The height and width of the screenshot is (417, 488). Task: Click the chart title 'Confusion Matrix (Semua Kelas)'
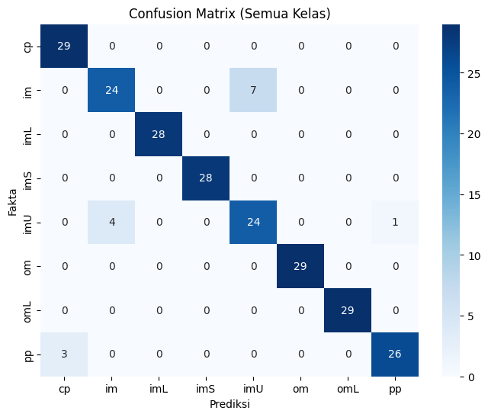point(230,14)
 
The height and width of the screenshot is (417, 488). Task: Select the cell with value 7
point(253,90)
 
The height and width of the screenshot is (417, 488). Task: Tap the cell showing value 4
point(111,222)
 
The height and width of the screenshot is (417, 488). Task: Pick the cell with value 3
point(64,354)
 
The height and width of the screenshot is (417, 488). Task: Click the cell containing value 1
point(395,222)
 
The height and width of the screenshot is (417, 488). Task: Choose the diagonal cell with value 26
point(395,354)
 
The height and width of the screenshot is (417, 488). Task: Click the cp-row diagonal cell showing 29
point(64,46)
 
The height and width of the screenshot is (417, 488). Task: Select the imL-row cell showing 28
point(159,134)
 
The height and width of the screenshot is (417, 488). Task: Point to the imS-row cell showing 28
point(206,178)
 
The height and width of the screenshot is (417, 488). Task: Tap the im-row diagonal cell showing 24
point(111,90)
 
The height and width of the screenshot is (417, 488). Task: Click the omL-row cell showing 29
point(348,310)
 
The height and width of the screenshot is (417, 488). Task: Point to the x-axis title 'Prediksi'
point(230,404)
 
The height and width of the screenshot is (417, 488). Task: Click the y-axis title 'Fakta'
point(12,202)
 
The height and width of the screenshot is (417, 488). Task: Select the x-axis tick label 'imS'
point(205,389)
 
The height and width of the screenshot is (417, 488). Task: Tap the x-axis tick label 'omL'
point(348,389)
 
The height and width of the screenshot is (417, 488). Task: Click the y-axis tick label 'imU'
point(27,223)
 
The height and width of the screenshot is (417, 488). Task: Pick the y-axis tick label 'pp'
point(28,354)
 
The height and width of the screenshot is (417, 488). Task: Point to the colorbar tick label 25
point(474,74)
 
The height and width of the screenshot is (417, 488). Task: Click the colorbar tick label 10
point(474,256)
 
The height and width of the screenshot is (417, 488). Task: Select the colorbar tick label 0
point(471,377)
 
